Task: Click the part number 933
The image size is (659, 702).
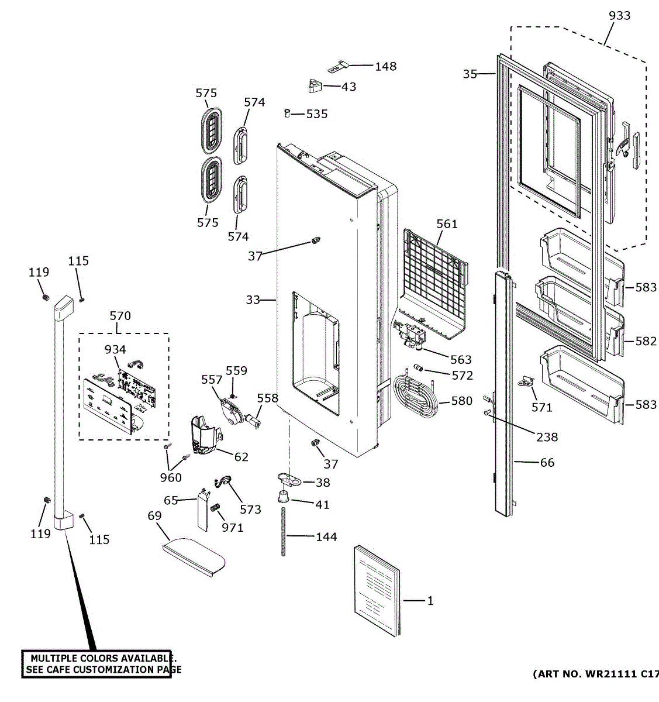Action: pyautogui.click(x=619, y=16)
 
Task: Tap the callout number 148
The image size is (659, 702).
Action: pyautogui.click(x=385, y=67)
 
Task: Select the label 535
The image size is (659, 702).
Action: pyautogui.click(x=317, y=114)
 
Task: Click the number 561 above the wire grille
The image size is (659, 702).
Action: pyautogui.click(x=447, y=223)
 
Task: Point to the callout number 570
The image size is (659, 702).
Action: pyautogui.click(x=120, y=316)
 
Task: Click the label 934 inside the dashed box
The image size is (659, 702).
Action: pyautogui.click(x=115, y=350)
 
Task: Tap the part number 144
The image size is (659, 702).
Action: pyautogui.click(x=326, y=536)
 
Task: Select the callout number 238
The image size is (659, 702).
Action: pyautogui.click(x=547, y=437)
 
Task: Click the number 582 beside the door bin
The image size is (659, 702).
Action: pyautogui.click(x=646, y=341)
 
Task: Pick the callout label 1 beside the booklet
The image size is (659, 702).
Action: pyautogui.click(x=430, y=601)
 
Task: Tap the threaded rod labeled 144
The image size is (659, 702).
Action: pyautogui.click(x=284, y=532)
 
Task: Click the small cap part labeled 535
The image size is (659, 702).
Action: pyautogui.click(x=287, y=113)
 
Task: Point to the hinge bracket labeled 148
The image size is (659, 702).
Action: pyautogui.click(x=338, y=67)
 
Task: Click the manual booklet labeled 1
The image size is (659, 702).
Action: pyautogui.click(x=377, y=591)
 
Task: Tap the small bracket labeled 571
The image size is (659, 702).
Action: pyautogui.click(x=526, y=381)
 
